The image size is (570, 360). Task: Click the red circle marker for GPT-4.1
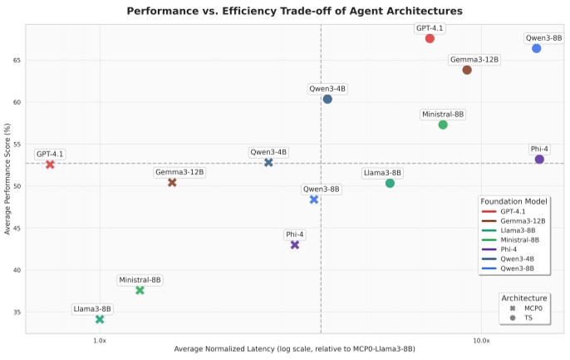coord(430,38)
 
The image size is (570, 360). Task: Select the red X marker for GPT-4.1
coord(50,165)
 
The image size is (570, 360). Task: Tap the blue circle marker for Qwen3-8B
coord(537,48)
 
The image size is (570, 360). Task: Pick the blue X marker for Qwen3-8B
coord(314,200)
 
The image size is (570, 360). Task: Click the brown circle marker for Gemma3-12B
coord(467,70)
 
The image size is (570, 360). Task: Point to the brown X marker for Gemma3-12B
coord(172,182)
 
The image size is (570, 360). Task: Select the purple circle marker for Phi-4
coord(539,159)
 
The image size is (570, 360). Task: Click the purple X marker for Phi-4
coord(295,244)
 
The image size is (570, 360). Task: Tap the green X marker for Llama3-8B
coord(100,319)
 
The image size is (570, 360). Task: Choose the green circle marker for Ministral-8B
coord(443,125)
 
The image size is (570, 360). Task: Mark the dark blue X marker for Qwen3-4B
coord(268,162)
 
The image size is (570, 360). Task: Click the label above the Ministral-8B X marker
coord(140,280)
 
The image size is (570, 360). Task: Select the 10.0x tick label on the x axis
coord(481,341)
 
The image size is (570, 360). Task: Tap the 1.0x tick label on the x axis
coord(100,341)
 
